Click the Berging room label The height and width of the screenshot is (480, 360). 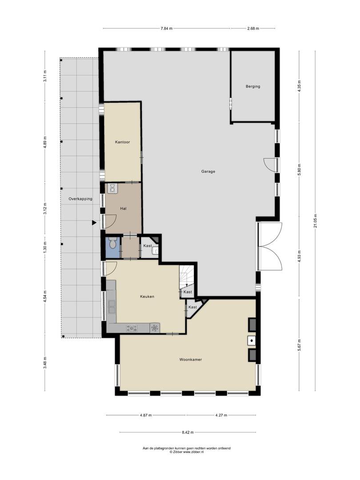(253, 86)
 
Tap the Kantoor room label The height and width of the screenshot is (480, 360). (123, 142)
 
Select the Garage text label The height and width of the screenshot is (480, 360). (208, 172)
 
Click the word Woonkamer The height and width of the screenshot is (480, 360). (191, 360)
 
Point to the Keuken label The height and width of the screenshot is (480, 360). (147, 296)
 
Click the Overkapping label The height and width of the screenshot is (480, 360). (80, 199)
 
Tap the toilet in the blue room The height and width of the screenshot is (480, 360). (112, 243)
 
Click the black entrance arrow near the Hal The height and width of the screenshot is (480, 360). (94, 223)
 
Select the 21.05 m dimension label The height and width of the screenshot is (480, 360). (315, 221)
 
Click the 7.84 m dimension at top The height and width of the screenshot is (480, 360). (166, 28)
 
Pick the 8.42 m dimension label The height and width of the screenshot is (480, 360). (188, 432)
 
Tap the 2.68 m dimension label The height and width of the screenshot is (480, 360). (253, 28)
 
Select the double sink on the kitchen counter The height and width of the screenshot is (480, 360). (111, 306)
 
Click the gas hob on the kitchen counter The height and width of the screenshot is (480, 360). (132, 328)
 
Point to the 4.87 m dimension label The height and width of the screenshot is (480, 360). (146, 416)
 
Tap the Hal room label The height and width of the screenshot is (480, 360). (124, 208)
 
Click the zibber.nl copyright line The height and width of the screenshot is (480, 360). (187, 452)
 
